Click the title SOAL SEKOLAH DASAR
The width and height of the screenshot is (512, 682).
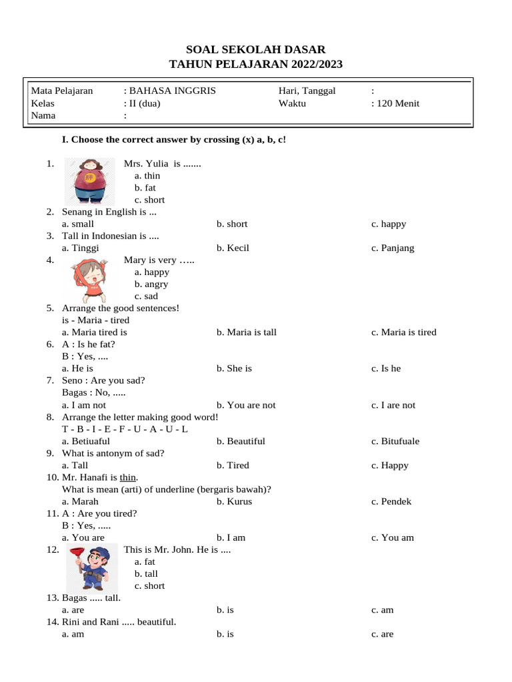coord(256,49)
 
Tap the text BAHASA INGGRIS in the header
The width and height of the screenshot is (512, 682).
coord(172,91)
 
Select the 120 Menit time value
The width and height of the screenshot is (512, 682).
coord(398,103)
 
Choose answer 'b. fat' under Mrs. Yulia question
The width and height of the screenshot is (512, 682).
coord(145,188)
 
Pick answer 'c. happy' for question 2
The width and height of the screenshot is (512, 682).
coord(389,224)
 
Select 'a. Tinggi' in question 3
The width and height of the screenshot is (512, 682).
coord(80,248)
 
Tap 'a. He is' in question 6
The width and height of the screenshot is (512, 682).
coord(77,368)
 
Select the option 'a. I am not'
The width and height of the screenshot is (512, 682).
coord(84,405)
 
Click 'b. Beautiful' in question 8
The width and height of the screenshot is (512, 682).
coord(241,441)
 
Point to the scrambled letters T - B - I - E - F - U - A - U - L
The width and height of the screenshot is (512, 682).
coord(125,429)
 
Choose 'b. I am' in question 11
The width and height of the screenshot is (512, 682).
coord(231,537)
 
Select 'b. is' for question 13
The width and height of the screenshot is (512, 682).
coord(225,610)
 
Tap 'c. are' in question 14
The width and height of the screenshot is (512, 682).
coord(383,634)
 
